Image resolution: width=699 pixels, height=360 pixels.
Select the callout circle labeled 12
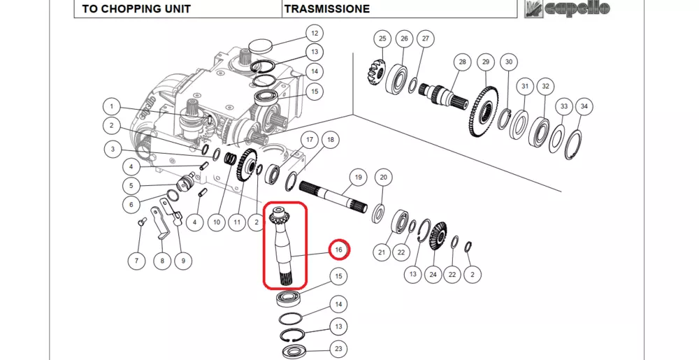coord(314,33)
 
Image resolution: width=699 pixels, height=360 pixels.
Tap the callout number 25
coord(382,38)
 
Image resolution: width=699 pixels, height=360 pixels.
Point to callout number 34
coord(585,106)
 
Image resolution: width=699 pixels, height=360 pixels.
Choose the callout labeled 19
coord(357,178)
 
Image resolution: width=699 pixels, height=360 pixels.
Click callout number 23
coord(338,349)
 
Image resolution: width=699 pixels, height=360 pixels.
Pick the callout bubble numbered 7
coord(137,261)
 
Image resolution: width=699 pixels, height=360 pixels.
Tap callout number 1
coord(110,107)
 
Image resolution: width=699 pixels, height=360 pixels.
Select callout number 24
coord(433,274)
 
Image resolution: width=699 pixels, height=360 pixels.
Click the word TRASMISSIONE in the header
coord(326,9)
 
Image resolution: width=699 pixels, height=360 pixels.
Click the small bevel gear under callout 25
coord(375,71)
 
